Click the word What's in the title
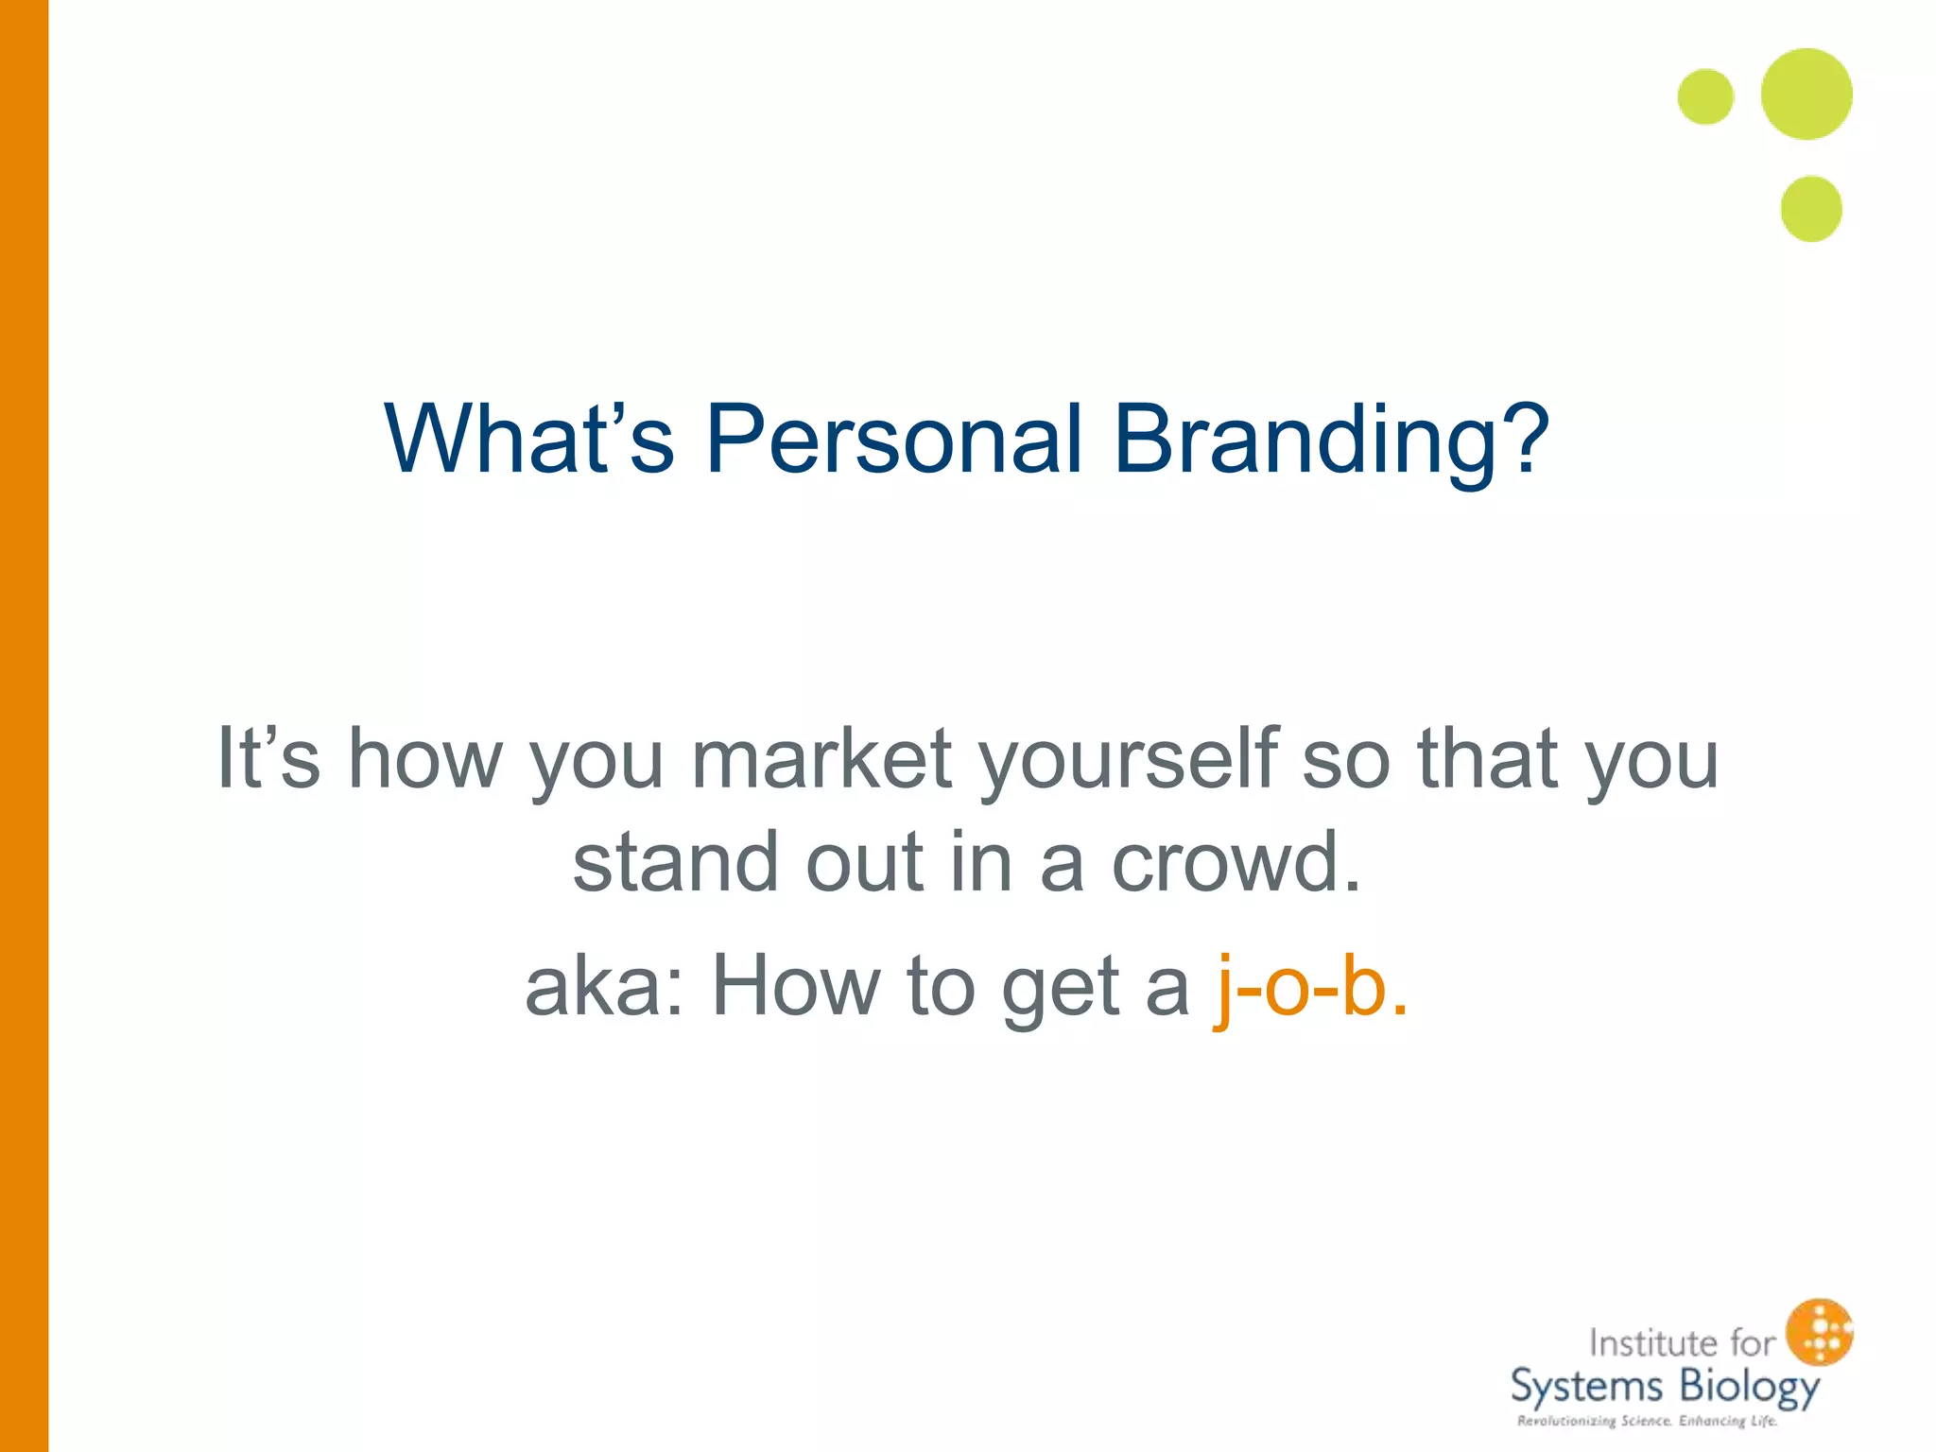(x=528, y=439)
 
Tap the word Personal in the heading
(x=893, y=439)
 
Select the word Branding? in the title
(x=1331, y=441)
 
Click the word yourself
(x=1129, y=760)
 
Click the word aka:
(x=605, y=986)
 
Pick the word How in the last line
(x=796, y=986)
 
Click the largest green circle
(x=1806, y=95)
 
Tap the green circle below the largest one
(x=1811, y=209)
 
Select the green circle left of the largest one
(x=1705, y=96)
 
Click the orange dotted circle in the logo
(x=1820, y=1331)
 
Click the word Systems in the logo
(x=1585, y=1388)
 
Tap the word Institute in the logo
(x=1652, y=1342)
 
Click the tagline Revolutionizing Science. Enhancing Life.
(x=1647, y=1421)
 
